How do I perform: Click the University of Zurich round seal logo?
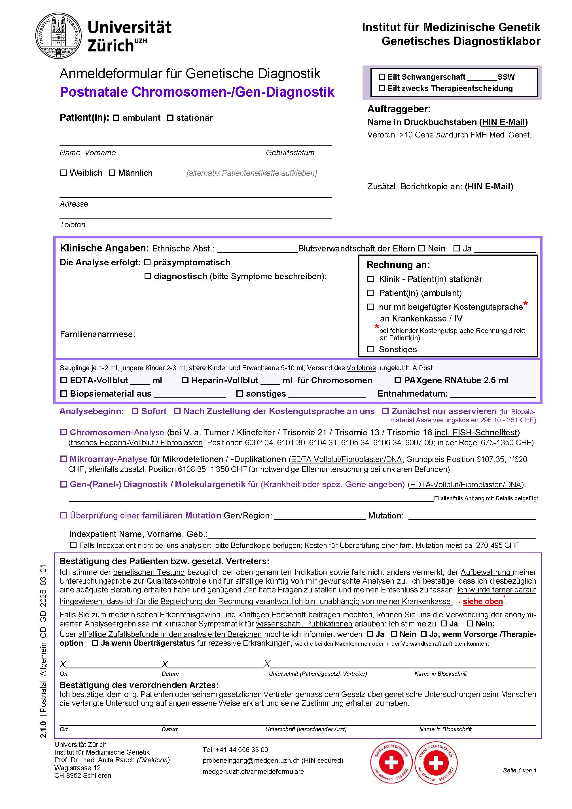pyautogui.click(x=58, y=36)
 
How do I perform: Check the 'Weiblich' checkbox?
pyautogui.click(x=63, y=173)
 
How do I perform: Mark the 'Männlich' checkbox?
pyautogui.click(x=112, y=173)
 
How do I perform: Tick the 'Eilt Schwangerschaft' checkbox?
pyautogui.click(x=382, y=77)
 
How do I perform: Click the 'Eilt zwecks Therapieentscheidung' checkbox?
pyautogui.click(x=382, y=88)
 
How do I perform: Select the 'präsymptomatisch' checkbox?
pyautogui.click(x=147, y=262)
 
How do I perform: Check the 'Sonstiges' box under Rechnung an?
pyautogui.click(x=370, y=349)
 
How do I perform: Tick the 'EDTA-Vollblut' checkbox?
pyautogui.click(x=63, y=380)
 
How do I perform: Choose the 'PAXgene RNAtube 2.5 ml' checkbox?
pyautogui.click(x=398, y=380)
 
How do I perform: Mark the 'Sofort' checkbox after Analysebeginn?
pyautogui.click(x=135, y=411)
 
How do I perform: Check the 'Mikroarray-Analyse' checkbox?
pyautogui.click(x=63, y=459)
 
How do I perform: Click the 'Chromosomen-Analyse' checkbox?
pyautogui.click(x=63, y=432)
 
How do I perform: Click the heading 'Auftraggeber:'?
pyautogui.click(x=399, y=109)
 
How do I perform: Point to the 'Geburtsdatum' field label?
pyautogui.click(x=290, y=153)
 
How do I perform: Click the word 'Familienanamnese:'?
pyautogui.click(x=98, y=334)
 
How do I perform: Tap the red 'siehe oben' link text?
pyautogui.click(x=482, y=602)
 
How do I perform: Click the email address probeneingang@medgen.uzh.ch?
pyautogui.click(x=251, y=760)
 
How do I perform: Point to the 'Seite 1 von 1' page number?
pyautogui.click(x=520, y=770)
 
